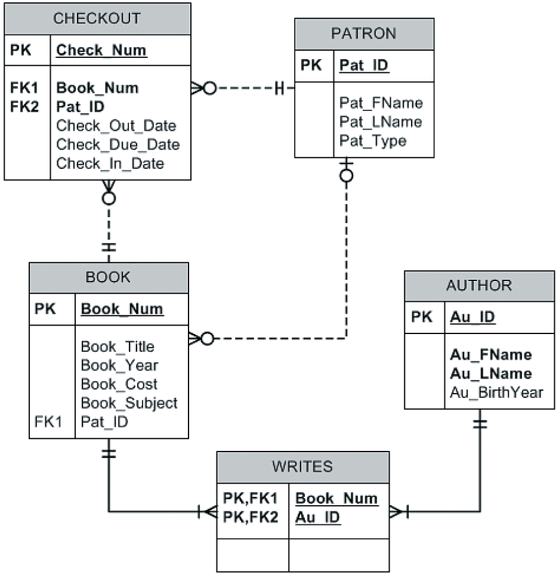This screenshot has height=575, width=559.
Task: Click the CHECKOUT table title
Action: point(97,18)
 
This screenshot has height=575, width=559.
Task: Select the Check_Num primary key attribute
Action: point(101,51)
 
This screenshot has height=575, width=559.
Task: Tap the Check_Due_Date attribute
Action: point(118,144)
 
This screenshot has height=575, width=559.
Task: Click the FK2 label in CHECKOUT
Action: point(24,107)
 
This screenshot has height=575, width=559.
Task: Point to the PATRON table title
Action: point(364,33)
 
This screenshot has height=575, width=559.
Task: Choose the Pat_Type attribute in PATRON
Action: point(373,141)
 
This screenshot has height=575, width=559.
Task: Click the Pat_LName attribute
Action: point(381,122)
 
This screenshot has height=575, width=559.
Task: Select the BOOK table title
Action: point(108,277)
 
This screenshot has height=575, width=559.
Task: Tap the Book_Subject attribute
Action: point(129,403)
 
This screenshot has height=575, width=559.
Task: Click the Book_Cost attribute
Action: point(119,384)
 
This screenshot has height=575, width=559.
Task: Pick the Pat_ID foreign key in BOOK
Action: point(104,422)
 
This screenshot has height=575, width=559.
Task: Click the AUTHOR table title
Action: point(479,285)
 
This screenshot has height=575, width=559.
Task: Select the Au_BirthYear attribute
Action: point(496,392)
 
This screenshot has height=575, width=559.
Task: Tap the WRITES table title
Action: point(302,466)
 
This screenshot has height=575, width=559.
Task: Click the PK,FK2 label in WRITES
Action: point(251,517)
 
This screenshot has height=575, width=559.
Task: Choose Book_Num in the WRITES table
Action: point(336,498)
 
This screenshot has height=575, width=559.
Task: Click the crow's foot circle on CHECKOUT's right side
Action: point(209,88)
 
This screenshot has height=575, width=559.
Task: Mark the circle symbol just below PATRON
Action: point(346,175)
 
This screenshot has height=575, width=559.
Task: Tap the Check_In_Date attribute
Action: point(110,163)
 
